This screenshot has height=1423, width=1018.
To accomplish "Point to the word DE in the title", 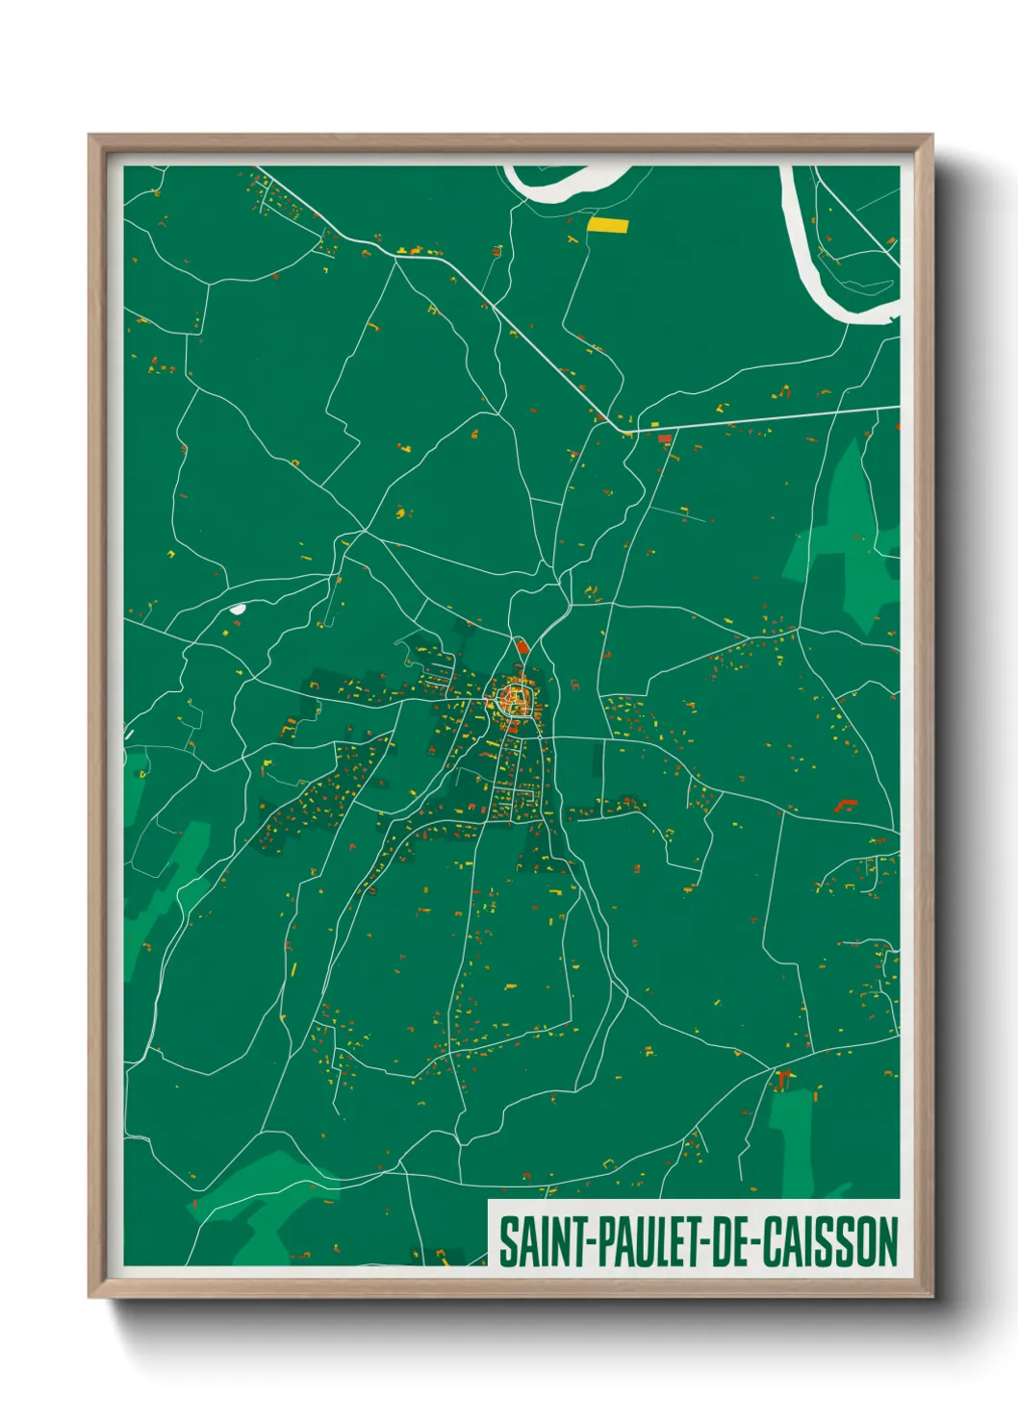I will click(x=734, y=1241).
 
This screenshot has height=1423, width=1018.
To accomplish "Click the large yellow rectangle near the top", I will click(x=607, y=226).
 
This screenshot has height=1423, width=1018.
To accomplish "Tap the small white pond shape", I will click(x=237, y=608).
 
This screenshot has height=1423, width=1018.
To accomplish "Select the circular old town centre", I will click(x=515, y=698).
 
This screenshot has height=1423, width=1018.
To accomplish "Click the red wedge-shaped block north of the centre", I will click(x=522, y=646).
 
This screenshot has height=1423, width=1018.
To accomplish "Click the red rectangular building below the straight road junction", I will click(x=664, y=439).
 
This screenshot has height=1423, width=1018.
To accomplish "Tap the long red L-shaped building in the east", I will click(x=846, y=804).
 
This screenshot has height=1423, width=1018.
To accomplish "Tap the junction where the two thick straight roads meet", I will click(x=627, y=431).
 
